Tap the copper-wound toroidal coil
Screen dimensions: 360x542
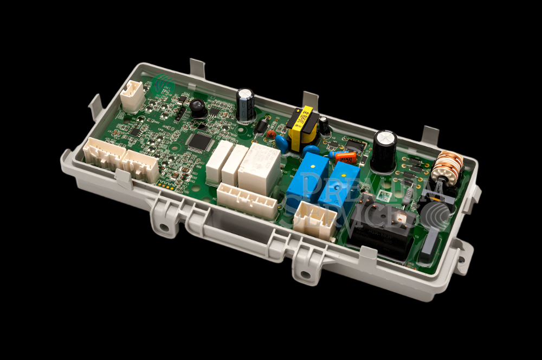point(447,167)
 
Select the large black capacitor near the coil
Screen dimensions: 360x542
point(384,150)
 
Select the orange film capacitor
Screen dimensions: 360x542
point(345,157)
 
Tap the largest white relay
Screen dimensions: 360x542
point(259,168)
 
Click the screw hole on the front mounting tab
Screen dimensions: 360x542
point(306,274)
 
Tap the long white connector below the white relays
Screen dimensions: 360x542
point(247,200)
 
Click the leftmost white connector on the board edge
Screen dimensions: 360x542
point(103,155)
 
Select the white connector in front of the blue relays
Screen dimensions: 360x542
point(315,221)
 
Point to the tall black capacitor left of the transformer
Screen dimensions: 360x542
point(245,105)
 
